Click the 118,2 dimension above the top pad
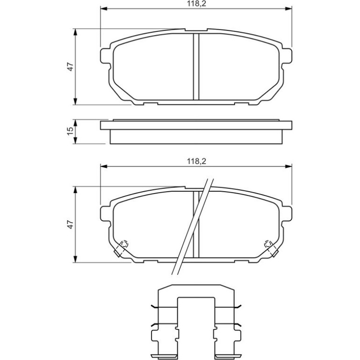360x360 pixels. point(196,4)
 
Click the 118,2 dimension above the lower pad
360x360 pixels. point(196,161)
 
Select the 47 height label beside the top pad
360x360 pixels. point(71,66)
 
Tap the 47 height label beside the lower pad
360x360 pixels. point(71,224)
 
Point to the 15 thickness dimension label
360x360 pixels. point(71,131)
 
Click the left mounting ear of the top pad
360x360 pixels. point(105,56)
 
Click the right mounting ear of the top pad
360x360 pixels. point(287,56)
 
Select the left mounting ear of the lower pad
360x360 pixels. point(105,214)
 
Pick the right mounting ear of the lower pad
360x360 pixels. point(287,214)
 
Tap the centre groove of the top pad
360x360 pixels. point(196,66)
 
